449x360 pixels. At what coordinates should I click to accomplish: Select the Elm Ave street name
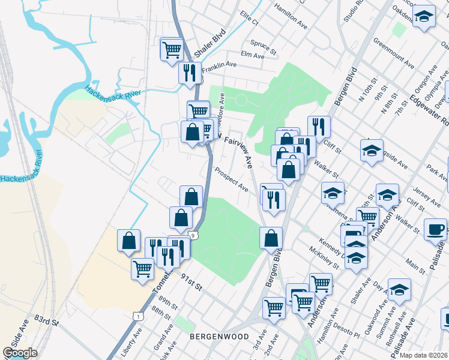252,55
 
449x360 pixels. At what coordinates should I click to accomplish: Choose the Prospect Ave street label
231,179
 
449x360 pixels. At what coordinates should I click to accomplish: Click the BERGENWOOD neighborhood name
218,337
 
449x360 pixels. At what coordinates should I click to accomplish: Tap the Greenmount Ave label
394,53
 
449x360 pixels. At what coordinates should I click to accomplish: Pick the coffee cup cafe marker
435,229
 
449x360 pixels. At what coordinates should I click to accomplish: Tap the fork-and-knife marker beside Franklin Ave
190,73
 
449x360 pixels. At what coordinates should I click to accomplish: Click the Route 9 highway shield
193,236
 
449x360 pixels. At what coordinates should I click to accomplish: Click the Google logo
20,353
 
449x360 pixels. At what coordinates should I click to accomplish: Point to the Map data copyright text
423,355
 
